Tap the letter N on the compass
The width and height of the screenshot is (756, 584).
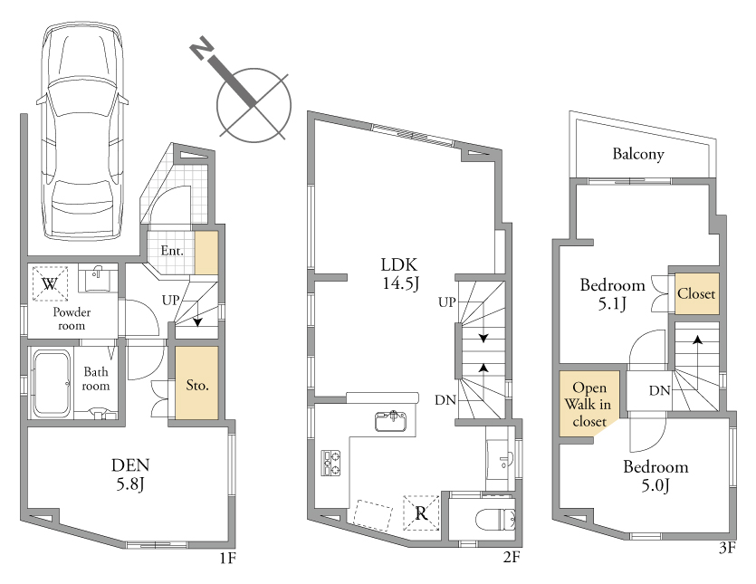[202, 48]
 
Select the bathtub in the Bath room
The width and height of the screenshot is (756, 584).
[52, 383]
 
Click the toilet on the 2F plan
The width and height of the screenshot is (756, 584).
[495, 521]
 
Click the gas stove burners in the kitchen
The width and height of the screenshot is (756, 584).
[330, 463]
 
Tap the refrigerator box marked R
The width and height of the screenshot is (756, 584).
[421, 512]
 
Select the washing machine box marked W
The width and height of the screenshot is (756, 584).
[50, 283]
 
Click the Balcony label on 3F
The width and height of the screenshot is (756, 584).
[638, 154]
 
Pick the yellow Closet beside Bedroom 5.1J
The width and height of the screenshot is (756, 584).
[696, 293]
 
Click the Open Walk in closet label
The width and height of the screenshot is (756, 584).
[589, 404]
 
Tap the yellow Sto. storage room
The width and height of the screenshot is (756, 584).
[196, 383]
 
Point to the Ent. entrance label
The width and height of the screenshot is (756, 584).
[172, 251]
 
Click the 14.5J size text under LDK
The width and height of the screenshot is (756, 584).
[401, 283]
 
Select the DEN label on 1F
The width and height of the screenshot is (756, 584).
[130, 464]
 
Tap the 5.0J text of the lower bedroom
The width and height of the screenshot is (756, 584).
[656, 485]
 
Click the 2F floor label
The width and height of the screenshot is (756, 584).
[512, 558]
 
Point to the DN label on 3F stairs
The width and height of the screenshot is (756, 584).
[659, 390]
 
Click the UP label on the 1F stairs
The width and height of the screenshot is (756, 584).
[171, 301]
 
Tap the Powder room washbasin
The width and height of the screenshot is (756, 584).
[99, 278]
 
